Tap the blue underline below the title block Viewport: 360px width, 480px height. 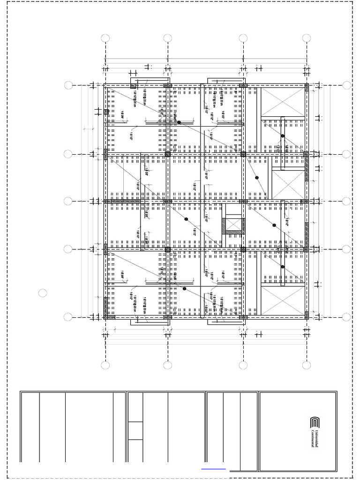213,469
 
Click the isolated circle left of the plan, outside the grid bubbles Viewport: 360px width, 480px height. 43,293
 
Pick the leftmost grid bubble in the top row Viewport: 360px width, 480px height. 105,38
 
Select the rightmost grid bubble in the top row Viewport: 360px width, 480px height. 307,38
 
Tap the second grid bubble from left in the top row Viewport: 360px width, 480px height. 168,38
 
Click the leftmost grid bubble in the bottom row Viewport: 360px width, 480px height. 105,365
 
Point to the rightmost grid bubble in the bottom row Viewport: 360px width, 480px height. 307,365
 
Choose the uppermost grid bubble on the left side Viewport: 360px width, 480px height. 68,85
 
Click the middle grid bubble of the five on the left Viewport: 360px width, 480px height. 68,201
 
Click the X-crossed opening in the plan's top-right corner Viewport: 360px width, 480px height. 283,102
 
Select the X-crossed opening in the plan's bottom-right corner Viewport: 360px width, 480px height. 283,300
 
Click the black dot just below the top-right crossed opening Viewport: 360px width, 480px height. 283,136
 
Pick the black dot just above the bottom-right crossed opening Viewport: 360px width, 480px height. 283,267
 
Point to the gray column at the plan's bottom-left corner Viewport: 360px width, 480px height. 109,317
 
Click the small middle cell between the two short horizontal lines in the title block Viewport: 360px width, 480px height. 135,430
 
